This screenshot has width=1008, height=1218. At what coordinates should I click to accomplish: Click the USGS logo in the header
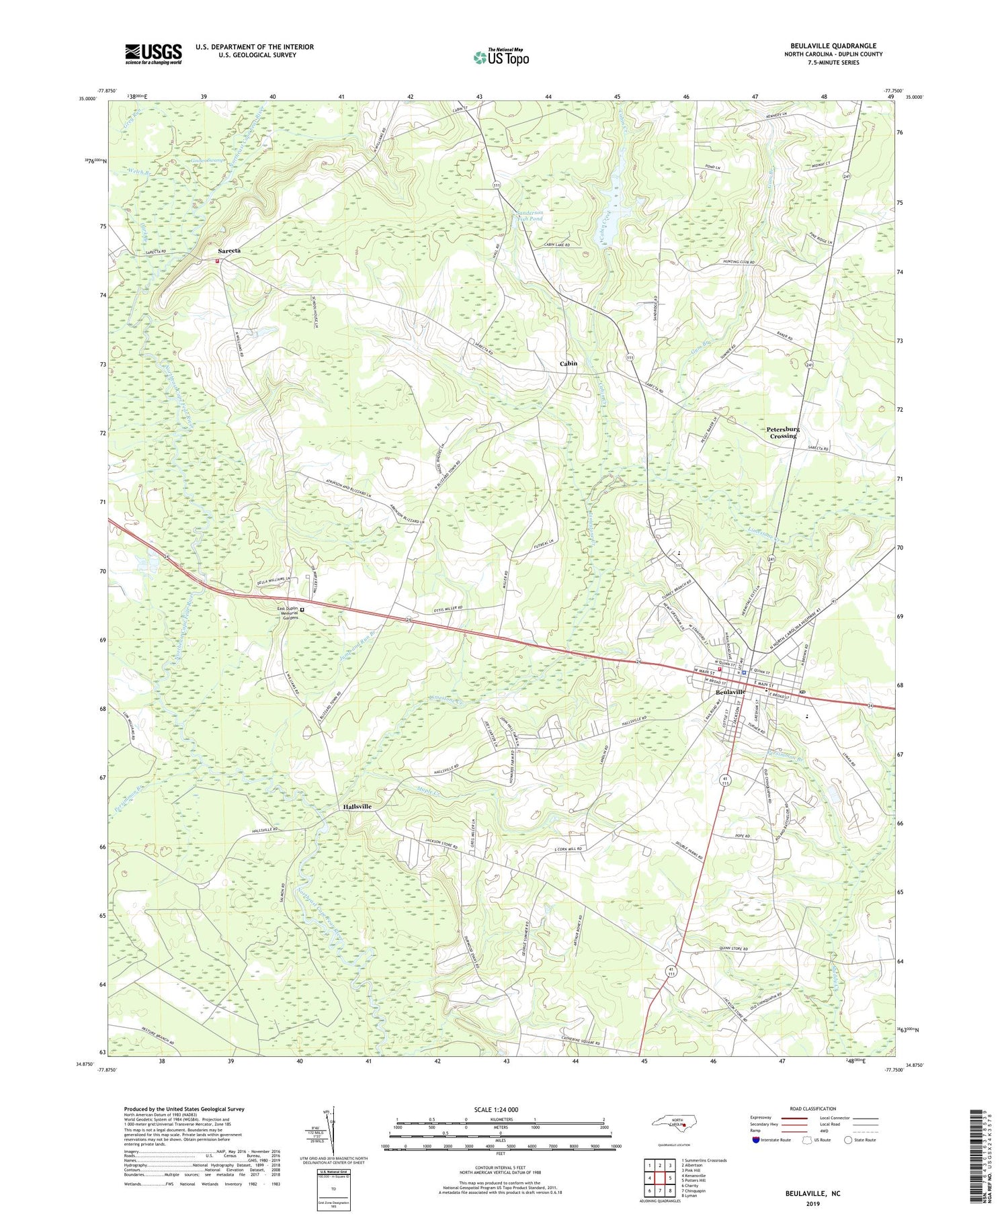[x=153, y=54]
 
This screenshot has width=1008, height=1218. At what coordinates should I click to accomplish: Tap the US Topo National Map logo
[x=501, y=57]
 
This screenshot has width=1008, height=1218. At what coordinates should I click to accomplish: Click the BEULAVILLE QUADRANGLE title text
[x=824, y=46]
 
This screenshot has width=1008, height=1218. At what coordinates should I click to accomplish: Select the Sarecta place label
[x=228, y=251]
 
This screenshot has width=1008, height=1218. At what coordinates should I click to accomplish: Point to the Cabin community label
[x=569, y=363]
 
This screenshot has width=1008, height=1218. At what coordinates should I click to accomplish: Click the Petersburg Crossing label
[x=783, y=432]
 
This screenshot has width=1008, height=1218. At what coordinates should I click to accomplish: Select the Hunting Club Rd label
[x=739, y=262]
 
